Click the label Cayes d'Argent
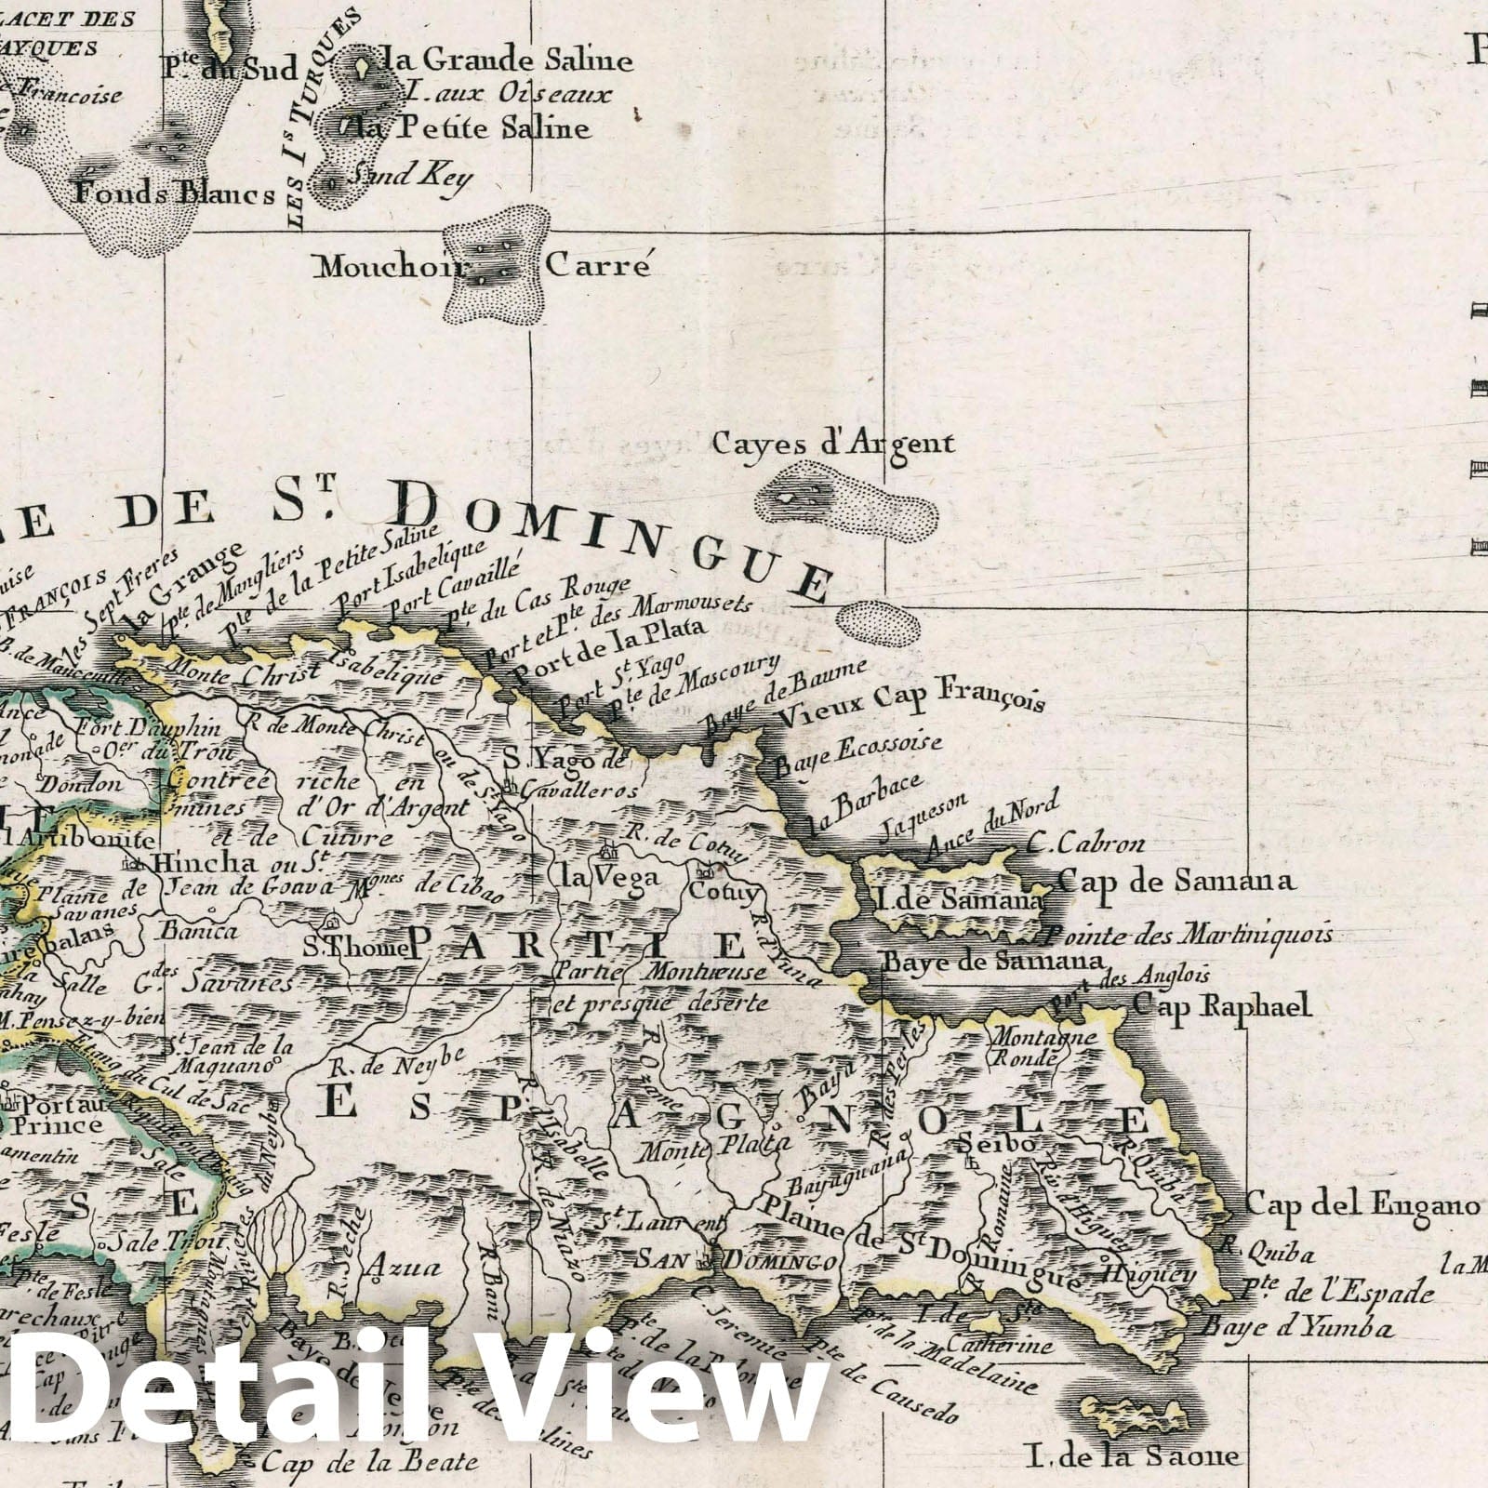833,443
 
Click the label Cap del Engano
1361,1206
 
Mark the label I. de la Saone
1134,1455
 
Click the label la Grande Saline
509,61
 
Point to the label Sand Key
409,177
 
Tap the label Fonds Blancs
174,193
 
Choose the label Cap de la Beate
369,1461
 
